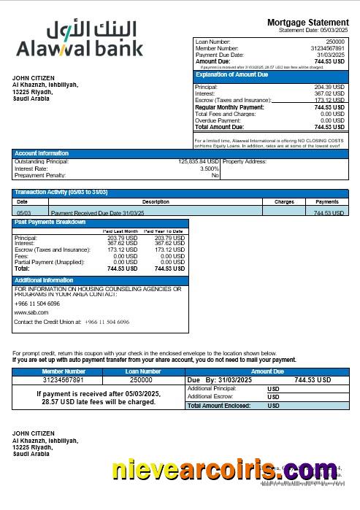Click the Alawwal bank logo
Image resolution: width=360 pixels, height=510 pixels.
(x=80, y=39)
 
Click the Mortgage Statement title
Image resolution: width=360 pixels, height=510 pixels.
(x=306, y=23)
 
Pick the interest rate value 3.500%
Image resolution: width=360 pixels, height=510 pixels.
(x=209, y=169)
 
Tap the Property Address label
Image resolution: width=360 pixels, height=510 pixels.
(x=245, y=161)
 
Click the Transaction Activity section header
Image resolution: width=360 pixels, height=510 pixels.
(x=61, y=192)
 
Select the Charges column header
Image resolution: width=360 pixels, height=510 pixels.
(x=284, y=201)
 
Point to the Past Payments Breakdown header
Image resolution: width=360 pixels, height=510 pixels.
(x=50, y=222)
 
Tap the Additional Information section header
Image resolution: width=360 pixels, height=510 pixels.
(x=44, y=280)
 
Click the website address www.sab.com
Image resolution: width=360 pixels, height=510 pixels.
(x=31, y=312)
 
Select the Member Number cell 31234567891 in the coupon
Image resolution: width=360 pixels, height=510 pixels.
(x=64, y=380)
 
